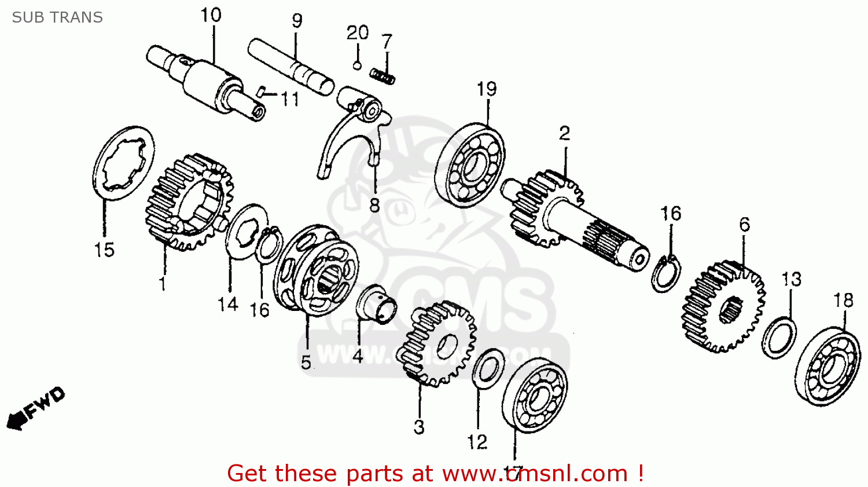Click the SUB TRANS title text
pos(57,17)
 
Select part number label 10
pos(211,15)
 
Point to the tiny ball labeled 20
pos(357,65)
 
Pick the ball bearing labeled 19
pos(469,164)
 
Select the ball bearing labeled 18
pos(827,367)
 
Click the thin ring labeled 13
pos(779,338)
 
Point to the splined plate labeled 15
pos(123,163)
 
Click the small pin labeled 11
pos(261,91)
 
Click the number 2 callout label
pos(564,134)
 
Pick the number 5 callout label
pos(306,362)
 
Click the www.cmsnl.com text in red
pos(535,474)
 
